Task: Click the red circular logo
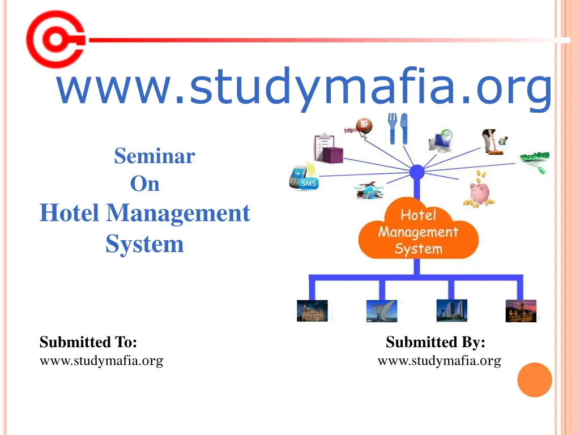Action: [x=54, y=40]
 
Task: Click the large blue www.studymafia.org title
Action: [x=304, y=86]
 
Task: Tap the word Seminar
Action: [x=154, y=156]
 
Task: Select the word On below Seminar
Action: [x=145, y=184]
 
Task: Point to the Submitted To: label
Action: [x=88, y=342]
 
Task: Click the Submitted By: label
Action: [x=435, y=342]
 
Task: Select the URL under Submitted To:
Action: [x=101, y=360]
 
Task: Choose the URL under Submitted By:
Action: [x=439, y=360]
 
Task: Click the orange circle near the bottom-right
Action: [x=535, y=379]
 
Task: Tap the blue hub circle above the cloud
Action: [x=417, y=172]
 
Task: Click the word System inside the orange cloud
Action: [x=419, y=249]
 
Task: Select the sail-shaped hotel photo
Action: [x=382, y=311]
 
